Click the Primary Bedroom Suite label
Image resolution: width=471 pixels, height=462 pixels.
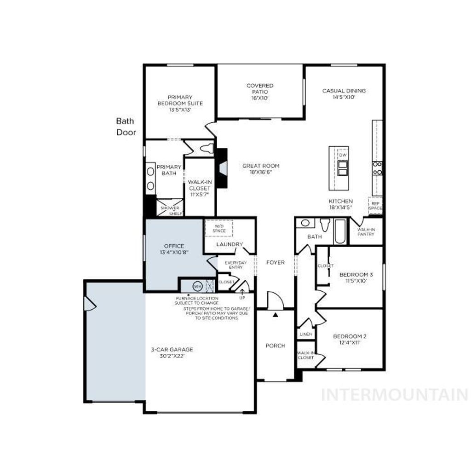coord(180,100)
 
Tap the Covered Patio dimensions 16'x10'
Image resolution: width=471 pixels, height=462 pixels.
coord(260,98)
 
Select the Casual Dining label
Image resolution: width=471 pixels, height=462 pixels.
coord(344,91)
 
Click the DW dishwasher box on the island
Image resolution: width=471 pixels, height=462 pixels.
coord(343,155)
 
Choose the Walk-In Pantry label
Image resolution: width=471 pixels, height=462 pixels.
coord(366,231)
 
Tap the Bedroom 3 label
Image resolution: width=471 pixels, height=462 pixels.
coord(356,275)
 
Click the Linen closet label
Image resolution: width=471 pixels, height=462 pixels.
coord(305,334)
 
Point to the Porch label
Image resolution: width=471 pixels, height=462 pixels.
coord(276,346)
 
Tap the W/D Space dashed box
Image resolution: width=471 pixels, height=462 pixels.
coord(219,228)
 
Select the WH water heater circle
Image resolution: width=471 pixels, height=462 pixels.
coord(197,286)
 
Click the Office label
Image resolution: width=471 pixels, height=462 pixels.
coord(174,246)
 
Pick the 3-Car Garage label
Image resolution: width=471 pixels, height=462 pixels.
coord(172,349)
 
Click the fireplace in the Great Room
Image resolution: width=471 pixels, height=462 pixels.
coord(222,168)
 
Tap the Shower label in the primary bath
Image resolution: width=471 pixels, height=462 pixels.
coord(170,208)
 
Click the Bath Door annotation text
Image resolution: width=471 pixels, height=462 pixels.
coord(125,127)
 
